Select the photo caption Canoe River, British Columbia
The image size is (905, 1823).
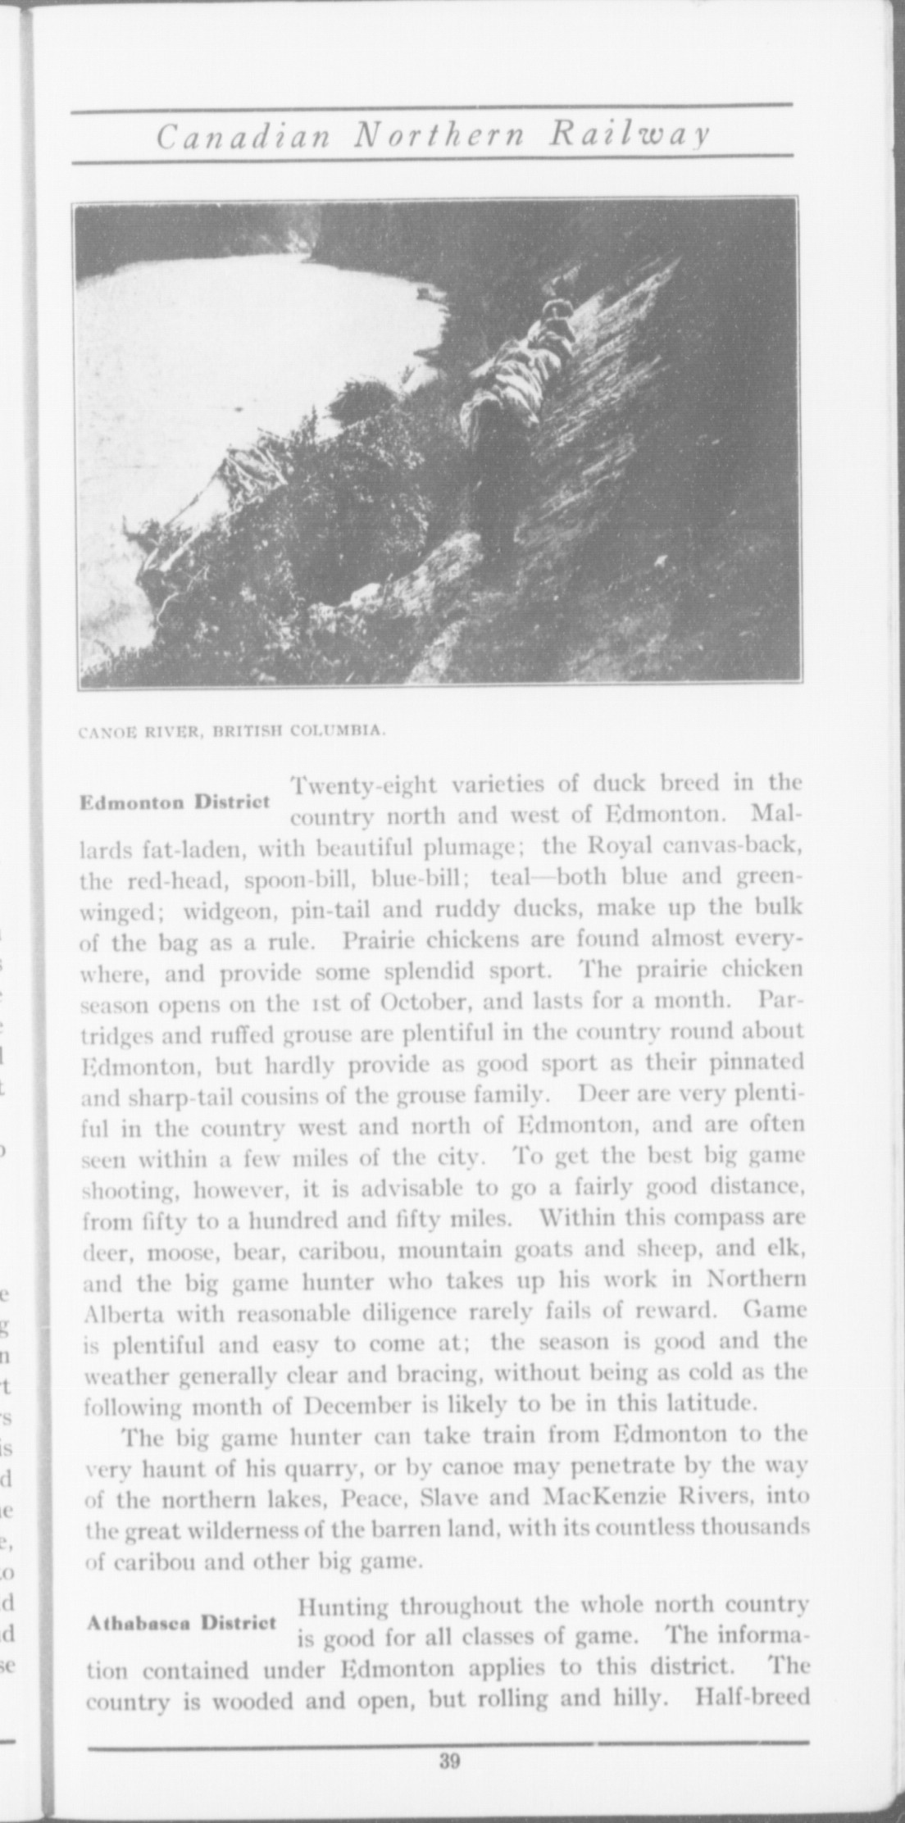tap(231, 729)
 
